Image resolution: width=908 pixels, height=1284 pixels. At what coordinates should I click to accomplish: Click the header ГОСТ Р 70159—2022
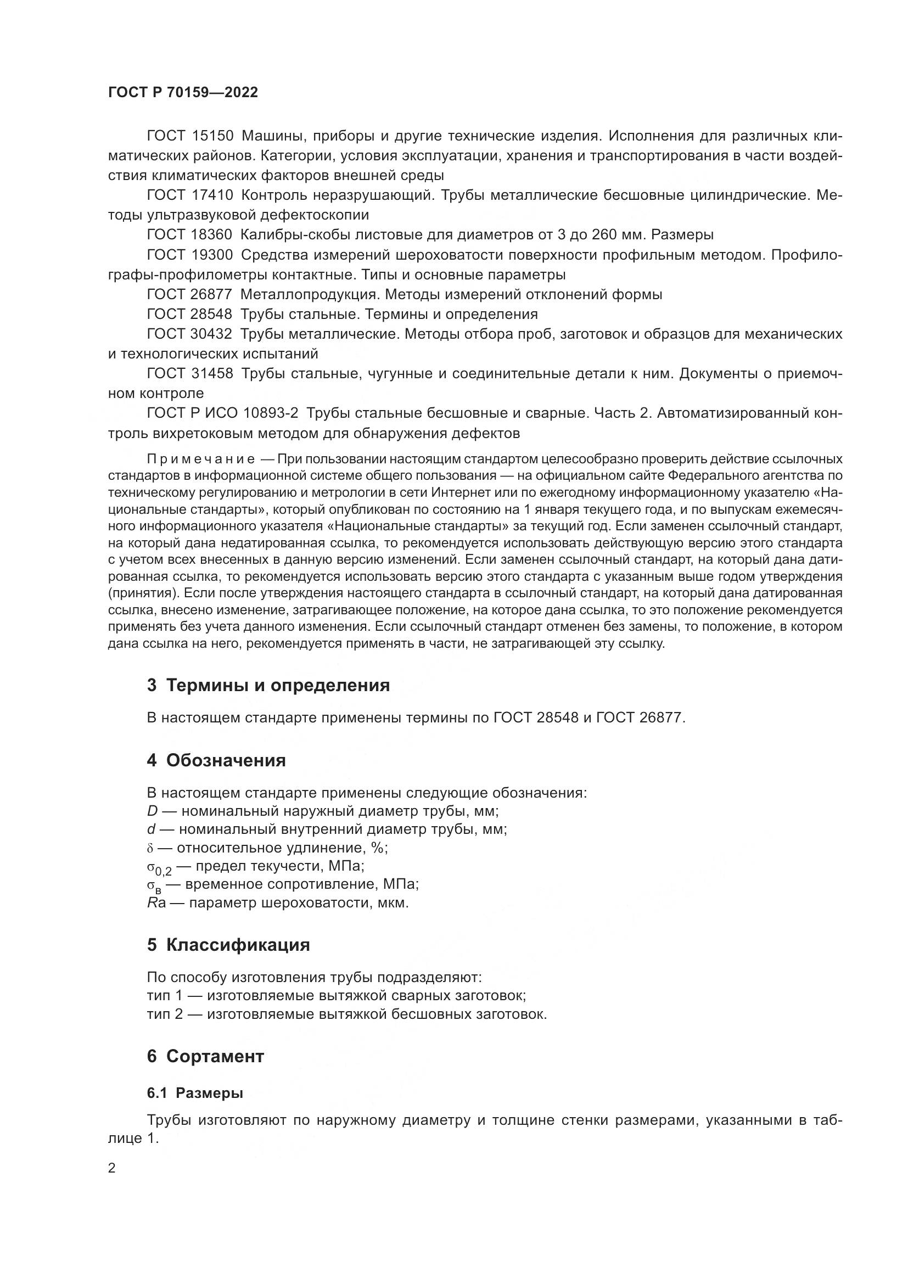(183, 93)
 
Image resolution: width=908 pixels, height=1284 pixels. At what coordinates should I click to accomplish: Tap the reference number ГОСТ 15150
(189, 136)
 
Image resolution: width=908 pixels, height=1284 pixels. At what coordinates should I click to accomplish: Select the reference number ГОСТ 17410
(189, 195)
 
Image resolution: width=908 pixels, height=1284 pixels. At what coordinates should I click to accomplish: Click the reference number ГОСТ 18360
(189, 234)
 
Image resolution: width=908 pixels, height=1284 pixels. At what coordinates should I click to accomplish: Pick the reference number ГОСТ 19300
(189, 255)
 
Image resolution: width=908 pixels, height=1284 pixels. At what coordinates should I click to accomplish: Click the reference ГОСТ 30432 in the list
(189, 334)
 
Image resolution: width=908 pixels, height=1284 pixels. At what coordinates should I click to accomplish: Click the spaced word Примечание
(201, 459)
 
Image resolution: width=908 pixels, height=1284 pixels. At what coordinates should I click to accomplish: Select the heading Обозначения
(226, 760)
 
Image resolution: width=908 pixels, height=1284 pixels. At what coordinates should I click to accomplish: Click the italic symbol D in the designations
(152, 811)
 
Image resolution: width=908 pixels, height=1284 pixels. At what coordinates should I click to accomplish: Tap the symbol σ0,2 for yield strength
(159, 868)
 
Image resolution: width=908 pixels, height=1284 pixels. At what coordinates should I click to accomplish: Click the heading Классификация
(238, 945)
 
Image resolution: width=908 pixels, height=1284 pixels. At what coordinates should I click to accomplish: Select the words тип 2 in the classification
(164, 1014)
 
